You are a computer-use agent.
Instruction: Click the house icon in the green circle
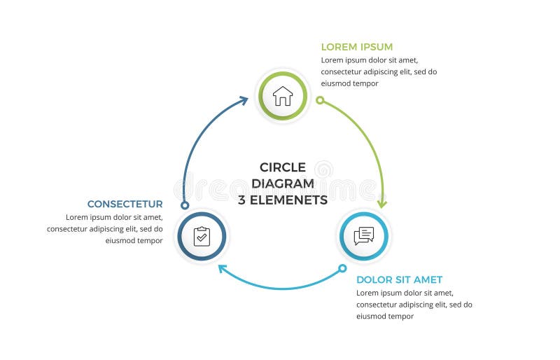pyautogui.click(x=282, y=96)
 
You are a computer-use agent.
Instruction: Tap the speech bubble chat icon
pyautogui.click(x=364, y=236)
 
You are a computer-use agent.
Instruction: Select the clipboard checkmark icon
pyautogui.click(x=202, y=237)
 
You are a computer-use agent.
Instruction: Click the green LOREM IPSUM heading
pyautogui.click(x=357, y=47)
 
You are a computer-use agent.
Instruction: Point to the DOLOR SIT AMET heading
pyautogui.click(x=399, y=279)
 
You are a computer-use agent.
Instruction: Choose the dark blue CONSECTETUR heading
pyautogui.click(x=125, y=204)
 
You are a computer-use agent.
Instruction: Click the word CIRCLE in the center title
pyautogui.click(x=283, y=167)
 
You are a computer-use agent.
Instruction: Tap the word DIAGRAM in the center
pyautogui.click(x=283, y=184)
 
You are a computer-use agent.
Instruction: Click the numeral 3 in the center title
pyautogui.click(x=242, y=200)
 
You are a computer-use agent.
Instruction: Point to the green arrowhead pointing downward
pyautogui.click(x=381, y=203)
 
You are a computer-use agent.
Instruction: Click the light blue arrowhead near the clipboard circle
pyautogui.click(x=222, y=269)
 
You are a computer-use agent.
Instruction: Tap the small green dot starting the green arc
pyautogui.click(x=320, y=100)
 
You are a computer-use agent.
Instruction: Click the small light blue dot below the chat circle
pyautogui.click(x=342, y=268)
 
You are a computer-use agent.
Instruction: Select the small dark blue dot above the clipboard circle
pyautogui.click(x=185, y=205)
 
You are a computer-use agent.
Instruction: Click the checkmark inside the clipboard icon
pyautogui.click(x=202, y=238)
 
